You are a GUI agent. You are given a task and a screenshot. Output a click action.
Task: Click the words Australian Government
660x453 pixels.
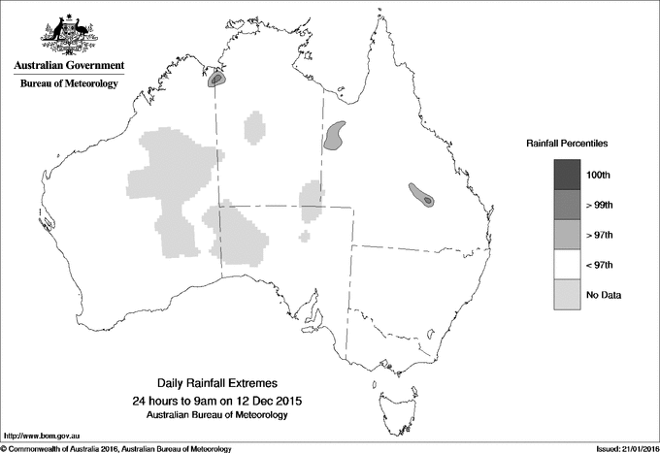(x=68, y=66)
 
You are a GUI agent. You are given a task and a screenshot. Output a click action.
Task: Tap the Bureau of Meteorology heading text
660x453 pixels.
(x=68, y=84)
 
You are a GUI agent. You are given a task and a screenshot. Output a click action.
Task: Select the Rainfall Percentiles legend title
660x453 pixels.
(x=567, y=143)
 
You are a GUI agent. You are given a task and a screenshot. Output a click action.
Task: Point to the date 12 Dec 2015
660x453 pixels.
(x=259, y=400)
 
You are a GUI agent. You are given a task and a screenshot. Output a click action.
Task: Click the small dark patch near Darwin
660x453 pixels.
(x=216, y=80)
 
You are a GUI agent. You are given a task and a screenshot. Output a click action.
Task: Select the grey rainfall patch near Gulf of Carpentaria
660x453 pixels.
(x=336, y=135)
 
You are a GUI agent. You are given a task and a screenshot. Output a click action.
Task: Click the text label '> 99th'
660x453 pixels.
(x=603, y=205)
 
